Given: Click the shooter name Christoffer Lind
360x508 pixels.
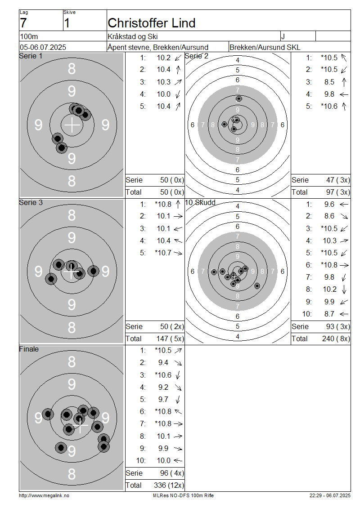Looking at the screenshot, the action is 152,23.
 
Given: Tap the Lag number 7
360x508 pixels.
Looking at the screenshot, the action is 23,23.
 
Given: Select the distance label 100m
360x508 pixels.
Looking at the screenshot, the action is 29,36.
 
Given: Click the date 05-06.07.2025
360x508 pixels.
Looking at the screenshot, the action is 43,47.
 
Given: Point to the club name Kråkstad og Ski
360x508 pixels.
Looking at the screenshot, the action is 133,36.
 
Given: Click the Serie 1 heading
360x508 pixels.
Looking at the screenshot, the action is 31,56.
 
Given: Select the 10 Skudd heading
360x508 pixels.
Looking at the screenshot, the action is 200,202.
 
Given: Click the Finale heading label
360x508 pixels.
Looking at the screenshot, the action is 29,349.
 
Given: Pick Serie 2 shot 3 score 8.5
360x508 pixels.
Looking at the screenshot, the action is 329,82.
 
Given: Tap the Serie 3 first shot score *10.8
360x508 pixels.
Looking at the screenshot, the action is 163,204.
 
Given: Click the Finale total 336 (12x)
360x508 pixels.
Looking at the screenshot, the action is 169,486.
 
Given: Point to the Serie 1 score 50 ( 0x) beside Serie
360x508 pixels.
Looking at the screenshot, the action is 172,180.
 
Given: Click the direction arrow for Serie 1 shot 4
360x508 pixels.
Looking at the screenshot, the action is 178,94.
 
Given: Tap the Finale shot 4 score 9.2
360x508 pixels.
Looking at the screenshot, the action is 163,387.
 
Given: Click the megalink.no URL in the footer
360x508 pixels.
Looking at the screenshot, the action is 44,495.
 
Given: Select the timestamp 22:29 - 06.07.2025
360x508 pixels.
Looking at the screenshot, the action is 330,495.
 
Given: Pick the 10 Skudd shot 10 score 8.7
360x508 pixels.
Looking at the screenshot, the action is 329,314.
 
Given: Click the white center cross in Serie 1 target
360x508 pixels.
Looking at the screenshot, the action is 72,125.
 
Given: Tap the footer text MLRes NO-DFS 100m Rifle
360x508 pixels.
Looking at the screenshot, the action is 183,495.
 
